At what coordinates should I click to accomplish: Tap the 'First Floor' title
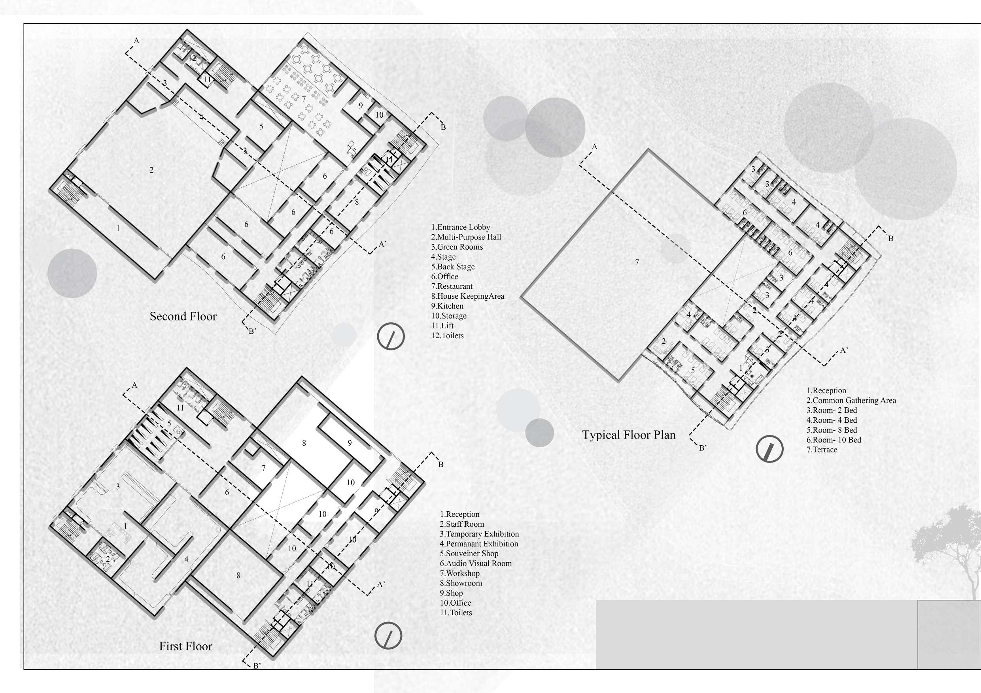(x=185, y=646)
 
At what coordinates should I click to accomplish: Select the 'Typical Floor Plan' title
(x=629, y=435)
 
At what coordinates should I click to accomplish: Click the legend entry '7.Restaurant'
(x=452, y=286)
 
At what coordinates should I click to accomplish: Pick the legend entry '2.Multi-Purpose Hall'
(x=466, y=237)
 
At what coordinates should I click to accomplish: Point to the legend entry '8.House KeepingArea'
(x=467, y=296)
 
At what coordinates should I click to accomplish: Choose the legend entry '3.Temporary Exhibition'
(x=479, y=534)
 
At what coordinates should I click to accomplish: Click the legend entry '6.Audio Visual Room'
(x=476, y=563)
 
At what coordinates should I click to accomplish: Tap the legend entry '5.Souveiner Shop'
(x=469, y=554)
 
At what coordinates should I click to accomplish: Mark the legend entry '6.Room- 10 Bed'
(x=834, y=440)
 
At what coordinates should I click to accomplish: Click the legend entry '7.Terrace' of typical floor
(x=822, y=450)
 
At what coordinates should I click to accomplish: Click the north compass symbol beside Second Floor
(x=391, y=337)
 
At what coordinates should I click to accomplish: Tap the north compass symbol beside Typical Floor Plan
(x=769, y=449)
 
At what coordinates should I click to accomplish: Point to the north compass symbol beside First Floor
(x=388, y=636)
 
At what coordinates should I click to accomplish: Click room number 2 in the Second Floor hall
(x=152, y=170)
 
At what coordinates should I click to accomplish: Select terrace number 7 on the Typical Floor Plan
(x=637, y=262)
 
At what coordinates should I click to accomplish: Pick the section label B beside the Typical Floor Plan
(x=890, y=238)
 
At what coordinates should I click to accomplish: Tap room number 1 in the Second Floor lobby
(x=118, y=228)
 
